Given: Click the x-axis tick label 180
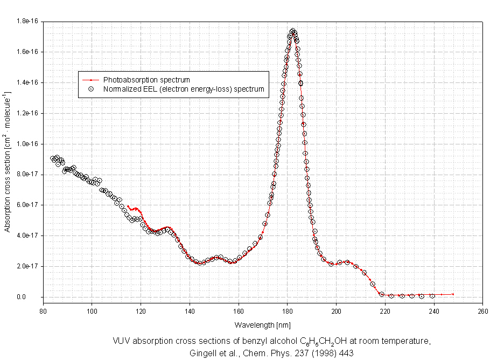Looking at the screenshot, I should pyautogui.click(x=288, y=310).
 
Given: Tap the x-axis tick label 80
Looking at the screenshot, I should pyautogui.click(x=43, y=310).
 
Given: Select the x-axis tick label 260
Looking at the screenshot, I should pyautogui.click(x=483, y=310).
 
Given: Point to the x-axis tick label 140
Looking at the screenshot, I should pyautogui.click(x=190, y=310).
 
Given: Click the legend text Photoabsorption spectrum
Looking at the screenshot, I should pyautogui.click(x=146, y=80).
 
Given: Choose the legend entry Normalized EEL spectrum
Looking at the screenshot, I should pyautogui.click(x=184, y=89).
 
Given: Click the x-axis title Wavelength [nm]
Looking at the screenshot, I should pyautogui.click(x=263, y=325).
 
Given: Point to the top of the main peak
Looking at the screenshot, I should pyautogui.click(x=292, y=31).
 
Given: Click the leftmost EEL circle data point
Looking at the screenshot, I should pyautogui.click(x=53, y=158).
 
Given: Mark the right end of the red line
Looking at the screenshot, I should pyautogui.click(x=453, y=294).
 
